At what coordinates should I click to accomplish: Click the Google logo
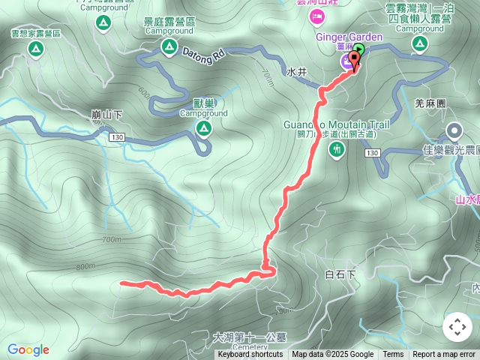[28, 349]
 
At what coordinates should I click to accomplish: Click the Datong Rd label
[202, 54]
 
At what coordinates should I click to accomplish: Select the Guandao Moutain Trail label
[337, 124]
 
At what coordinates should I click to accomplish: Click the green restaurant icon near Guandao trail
[337, 149]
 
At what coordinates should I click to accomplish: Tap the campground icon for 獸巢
[203, 128]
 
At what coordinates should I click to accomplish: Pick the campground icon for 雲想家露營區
[34, 49]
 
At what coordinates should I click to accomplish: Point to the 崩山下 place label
[106, 115]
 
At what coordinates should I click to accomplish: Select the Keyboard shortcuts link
[250, 355]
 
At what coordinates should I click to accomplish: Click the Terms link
[393, 355]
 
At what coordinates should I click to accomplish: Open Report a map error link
[444, 355]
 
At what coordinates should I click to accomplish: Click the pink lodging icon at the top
[317, 16]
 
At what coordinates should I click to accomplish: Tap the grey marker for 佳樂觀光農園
[454, 132]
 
